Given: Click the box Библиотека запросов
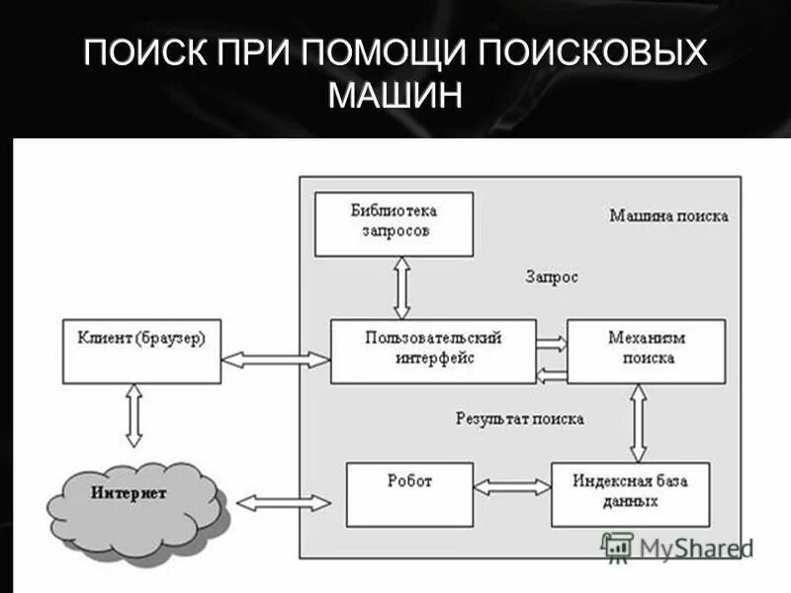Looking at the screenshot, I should [394, 224].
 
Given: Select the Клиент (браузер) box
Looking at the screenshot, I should [141, 350].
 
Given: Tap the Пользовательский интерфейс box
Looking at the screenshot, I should [433, 350].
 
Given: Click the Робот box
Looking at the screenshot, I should [409, 493].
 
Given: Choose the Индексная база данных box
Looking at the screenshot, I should [629, 493].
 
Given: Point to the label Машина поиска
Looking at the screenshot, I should [668, 215].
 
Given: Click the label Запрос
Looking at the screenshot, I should [551, 278].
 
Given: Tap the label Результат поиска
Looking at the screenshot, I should [519, 419].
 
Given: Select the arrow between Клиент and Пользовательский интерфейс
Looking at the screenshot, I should [275, 361].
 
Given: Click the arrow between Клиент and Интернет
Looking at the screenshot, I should [134, 415].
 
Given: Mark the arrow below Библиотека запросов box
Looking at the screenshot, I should [401, 288].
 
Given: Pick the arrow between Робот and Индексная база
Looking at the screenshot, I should [512, 486].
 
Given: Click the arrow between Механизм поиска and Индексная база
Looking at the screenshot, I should [639, 422].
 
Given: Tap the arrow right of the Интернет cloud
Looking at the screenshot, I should [284, 502].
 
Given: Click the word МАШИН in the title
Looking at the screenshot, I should [395, 96].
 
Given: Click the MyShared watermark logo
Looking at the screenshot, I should [677, 547].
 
